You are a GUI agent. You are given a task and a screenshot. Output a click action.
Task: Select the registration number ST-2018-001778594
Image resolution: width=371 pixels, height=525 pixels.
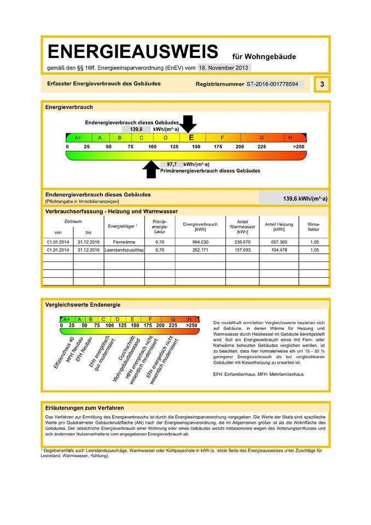[272, 85]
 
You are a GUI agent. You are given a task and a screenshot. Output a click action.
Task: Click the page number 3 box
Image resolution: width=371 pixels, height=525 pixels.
[322, 84]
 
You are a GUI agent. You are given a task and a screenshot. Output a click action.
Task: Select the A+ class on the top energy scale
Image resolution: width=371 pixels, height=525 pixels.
[78, 138]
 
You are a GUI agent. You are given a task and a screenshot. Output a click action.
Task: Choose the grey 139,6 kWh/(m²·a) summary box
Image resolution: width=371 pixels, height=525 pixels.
[293, 199]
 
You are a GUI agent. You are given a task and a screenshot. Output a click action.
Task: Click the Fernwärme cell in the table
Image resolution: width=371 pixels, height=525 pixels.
[120, 241]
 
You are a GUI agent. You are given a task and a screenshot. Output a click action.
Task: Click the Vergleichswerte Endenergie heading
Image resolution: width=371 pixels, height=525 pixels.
[83, 305]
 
